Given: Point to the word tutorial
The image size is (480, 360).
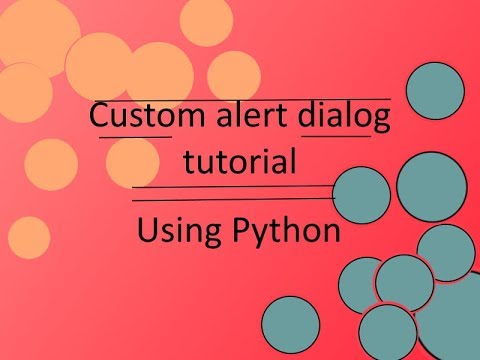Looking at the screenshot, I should tap(239, 160).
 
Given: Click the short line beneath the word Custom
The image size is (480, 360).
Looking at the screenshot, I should tap(135, 137).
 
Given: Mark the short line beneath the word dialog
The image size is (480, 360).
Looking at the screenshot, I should tap(337, 137).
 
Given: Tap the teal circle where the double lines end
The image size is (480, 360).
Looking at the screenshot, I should tap(361, 195).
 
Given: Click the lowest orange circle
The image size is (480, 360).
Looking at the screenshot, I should tap(30, 237).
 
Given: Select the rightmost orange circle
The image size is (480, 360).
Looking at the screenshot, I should tap(233, 76).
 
